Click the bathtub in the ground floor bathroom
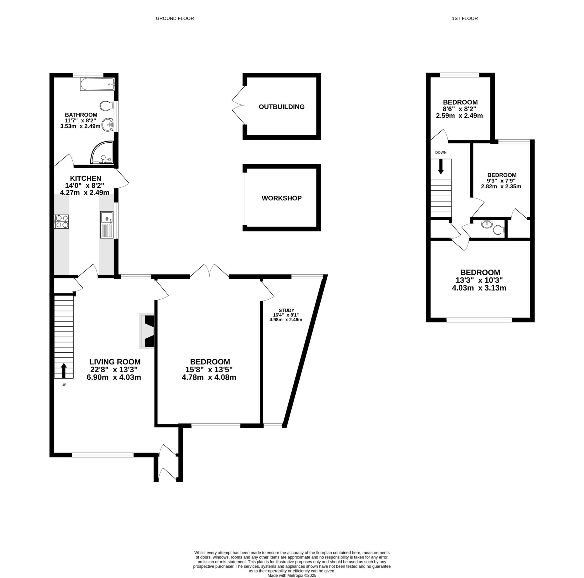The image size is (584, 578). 97,84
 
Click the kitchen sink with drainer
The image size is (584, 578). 107,225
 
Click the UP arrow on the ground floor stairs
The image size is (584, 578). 64,370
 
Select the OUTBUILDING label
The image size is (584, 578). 281,107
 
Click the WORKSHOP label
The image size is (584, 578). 281,198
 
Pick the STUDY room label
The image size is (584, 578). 286,310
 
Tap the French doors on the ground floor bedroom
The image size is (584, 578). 209,270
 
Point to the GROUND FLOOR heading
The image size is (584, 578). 175,18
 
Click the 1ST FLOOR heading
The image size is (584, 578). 464,18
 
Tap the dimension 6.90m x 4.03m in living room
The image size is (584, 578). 114,378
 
